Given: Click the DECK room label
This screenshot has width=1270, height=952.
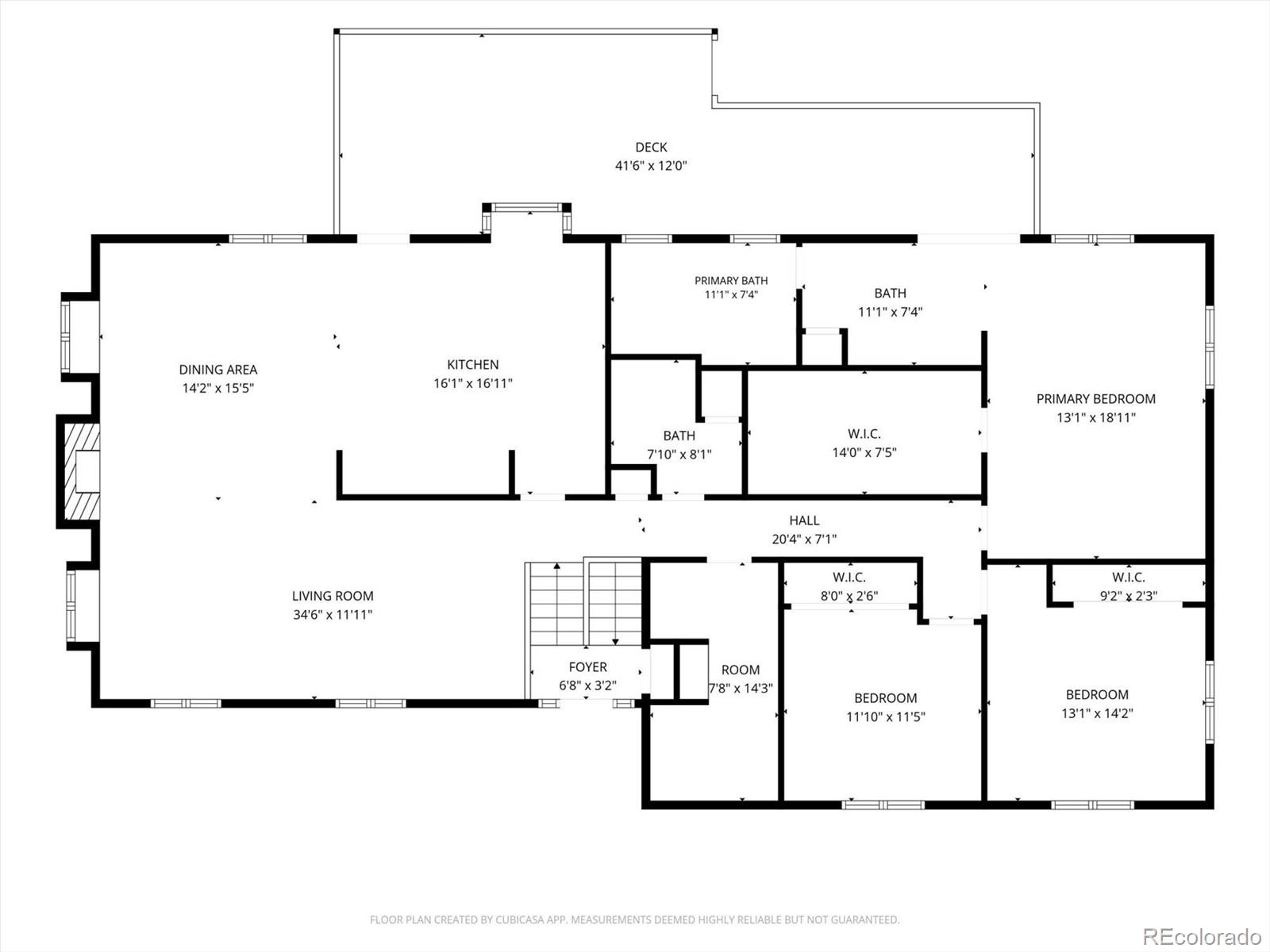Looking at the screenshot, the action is pyautogui.click(x=651, y=148).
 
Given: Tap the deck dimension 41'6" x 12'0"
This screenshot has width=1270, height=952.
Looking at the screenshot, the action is pyautogui.click(x=651, y=166).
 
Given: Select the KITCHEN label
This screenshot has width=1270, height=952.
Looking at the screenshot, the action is pyautogui.click(x=473, y=365).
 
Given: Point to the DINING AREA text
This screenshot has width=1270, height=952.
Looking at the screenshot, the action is pyautogui.click(x=218, y=370).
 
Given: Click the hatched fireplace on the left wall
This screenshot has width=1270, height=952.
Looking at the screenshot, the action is pyautogui.click(x=82, y=472).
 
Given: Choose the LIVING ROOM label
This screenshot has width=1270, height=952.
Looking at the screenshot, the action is pyautogui.click(x=333, y=596).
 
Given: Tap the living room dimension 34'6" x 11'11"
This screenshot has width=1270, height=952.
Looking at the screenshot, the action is pyautogui.click(x=333, y=614).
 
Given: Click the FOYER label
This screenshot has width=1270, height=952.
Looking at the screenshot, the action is pyautogui.click(x=588, y=667).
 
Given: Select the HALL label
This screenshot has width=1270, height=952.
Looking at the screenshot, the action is pyautogui.click(x=804, y=520).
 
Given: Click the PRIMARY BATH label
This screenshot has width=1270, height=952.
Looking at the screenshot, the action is pyautogui.click(x=731, y=281).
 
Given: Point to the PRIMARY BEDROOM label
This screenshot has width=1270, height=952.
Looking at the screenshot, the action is pyautogui.click(x=1096, y=399).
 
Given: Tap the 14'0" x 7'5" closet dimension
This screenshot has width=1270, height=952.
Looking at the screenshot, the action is pyautogui.click(x=864, y=452).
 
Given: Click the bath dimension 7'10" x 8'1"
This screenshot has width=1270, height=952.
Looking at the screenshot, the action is pyautogui.click(x=679, y=455).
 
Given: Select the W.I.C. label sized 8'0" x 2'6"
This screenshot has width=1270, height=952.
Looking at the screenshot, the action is pyautogui.click(x=849, y=577).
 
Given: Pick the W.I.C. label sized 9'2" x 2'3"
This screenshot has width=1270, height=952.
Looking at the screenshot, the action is pyautogui.click(x=1128, y=577).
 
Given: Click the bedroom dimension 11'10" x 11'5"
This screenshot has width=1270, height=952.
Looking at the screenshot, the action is pyautogui.click(x=886, y=716).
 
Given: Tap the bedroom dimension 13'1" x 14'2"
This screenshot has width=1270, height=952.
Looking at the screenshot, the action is pyautogui.click(x=1097, y=713).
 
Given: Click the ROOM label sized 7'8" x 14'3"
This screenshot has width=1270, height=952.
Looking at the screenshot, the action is pyautogui.click(x=741, y=670).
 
